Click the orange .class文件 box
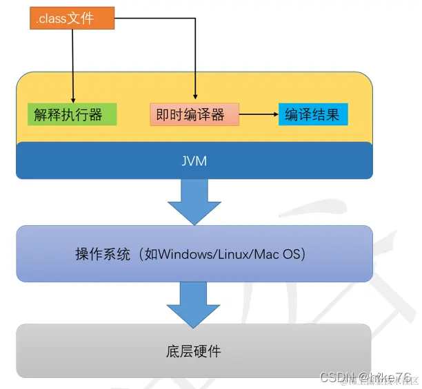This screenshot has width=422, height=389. click(72, 19)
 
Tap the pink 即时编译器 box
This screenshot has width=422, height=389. click(194, 114)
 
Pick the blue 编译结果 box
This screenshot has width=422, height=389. click(313, 114)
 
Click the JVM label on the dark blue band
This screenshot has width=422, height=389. click(194, 160)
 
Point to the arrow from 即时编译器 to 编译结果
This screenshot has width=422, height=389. click(259, 114)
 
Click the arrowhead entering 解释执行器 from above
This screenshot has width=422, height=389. click(72, 99)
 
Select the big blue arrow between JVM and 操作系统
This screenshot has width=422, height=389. click(194, 201)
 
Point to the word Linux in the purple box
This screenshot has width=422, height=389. click(233, 254)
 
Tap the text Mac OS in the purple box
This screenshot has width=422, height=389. click(279, 254)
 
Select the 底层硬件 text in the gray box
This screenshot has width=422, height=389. click(194, 351)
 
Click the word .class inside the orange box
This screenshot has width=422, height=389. click(52, 19)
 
